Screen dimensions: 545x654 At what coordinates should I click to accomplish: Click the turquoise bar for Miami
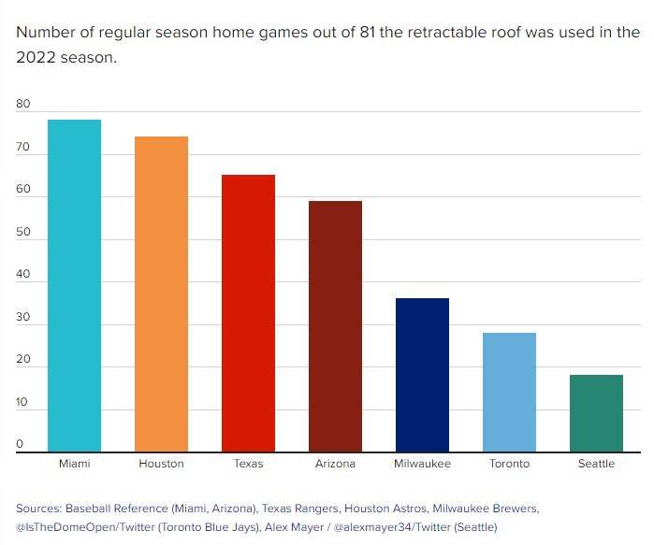click(74, 286)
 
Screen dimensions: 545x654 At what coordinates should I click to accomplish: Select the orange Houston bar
click(161, 294)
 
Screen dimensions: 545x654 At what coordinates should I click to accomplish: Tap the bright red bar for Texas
click(248, 313)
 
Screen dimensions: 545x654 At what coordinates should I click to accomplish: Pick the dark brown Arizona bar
click(335, 326)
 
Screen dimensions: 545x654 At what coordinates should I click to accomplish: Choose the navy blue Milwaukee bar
click(422, 375)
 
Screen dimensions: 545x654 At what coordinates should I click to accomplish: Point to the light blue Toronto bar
click(509, 393)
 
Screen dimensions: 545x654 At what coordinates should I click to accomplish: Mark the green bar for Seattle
click(596, 413)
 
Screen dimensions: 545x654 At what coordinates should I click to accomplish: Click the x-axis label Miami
click(74, 464)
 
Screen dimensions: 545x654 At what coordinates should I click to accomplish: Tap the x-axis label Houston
click(161, 464)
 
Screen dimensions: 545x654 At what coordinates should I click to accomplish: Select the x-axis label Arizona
click(335, 464)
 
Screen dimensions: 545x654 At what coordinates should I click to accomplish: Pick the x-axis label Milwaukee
click(422, 464)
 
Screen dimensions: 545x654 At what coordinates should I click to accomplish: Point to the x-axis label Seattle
click(596, 464)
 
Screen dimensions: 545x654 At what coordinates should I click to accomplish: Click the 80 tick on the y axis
click(23, 106)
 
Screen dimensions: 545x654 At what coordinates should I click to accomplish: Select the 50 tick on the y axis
click(23, 233)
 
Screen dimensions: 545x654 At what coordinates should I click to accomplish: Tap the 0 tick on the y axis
click(20, 445)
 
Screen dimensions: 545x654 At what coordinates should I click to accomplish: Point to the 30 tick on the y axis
click(23, 318)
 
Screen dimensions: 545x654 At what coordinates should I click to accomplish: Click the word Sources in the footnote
click(38, 509)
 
